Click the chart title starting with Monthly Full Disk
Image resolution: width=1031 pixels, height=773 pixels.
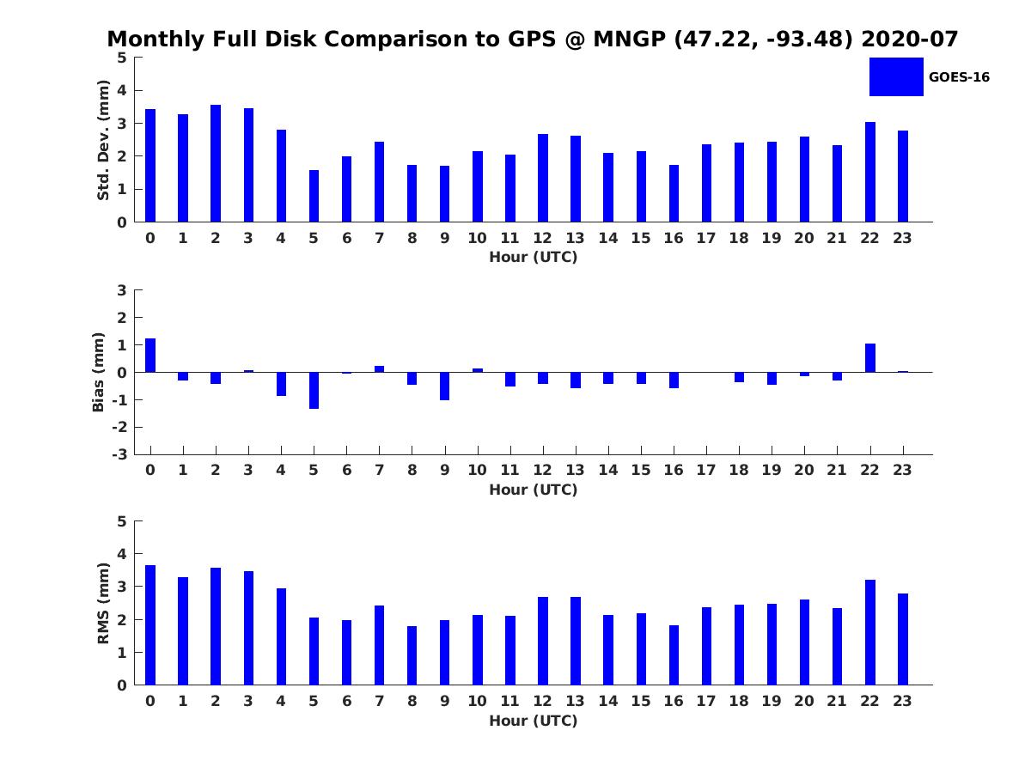[533, 40]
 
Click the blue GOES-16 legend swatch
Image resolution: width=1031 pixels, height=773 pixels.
[895, 76]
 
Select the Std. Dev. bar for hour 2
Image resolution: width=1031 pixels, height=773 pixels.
[216, 163]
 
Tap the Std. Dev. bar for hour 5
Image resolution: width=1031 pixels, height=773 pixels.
[314, 196]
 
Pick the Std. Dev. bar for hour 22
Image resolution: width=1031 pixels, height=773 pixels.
[870, 172]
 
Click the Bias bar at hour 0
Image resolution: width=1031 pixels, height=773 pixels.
[150, 356]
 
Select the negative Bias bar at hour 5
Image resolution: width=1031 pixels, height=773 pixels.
[314, 390]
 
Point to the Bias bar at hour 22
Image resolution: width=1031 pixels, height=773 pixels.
[870, 358]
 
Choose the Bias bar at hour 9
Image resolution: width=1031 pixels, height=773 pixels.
[444, 386]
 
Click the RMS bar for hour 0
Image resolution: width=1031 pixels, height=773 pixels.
[150, 625]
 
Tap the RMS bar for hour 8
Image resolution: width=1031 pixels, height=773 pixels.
[412, 655]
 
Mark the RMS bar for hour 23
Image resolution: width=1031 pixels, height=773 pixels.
[903, 639]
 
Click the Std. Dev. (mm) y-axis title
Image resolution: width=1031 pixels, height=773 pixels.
[103, 140]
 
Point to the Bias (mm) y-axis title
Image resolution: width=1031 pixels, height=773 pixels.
[100, 372]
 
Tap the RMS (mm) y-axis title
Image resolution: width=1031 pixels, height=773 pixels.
[103, 603]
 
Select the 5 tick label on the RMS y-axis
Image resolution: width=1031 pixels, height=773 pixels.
[122, 521]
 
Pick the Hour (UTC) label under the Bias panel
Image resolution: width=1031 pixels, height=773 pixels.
[533, 490]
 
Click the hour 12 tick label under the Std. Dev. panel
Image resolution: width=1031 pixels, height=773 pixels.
[542, 238]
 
